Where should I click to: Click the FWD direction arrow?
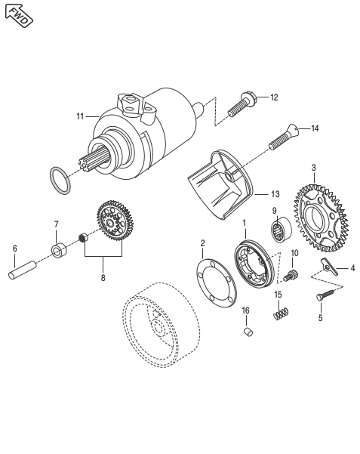pos(19,16)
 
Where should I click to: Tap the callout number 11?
pos(80,116)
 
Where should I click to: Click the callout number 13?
pos(275,194)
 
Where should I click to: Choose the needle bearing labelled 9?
pos(282,230)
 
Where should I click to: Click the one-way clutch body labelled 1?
pos(254,264)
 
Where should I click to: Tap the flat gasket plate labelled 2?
pos(217,283)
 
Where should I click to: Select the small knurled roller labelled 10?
pos(291,275)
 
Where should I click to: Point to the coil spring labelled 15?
pos(281,314)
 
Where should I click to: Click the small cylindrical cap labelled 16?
pos(248,332)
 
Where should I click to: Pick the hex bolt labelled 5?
pos(325,295)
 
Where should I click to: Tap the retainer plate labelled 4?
pos(329,266)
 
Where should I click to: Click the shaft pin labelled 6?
pos(23,270)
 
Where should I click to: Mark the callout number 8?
pos(103,278)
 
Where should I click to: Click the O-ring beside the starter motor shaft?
pos(60,181)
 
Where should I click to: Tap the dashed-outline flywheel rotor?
pos(161,325)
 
